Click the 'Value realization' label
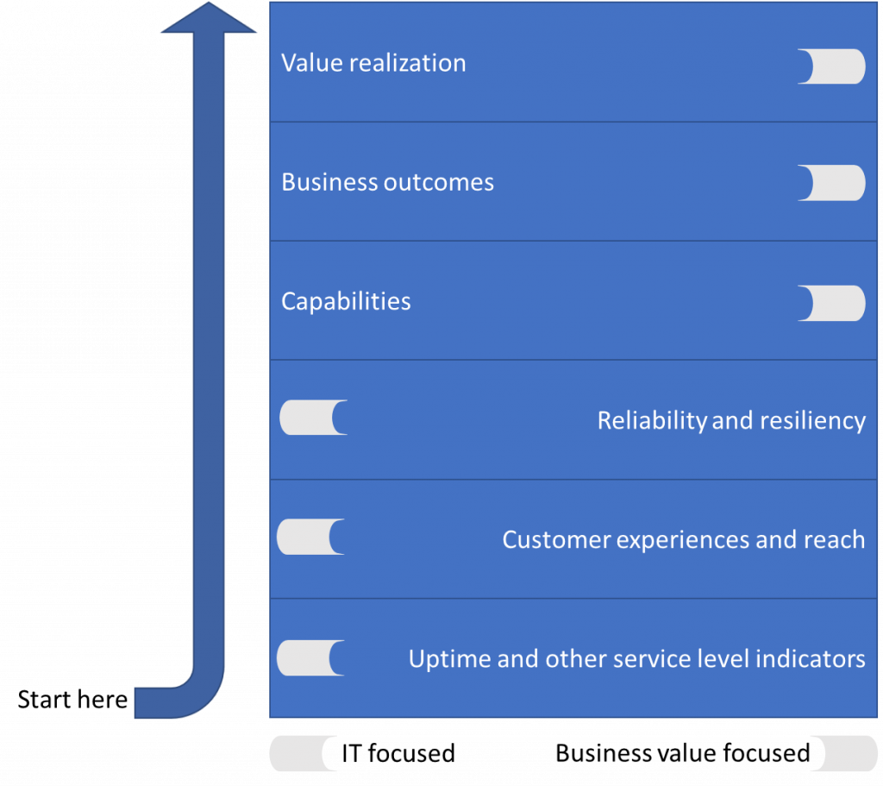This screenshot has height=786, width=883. tap(373, 63)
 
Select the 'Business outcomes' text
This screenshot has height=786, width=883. tap(387, 183)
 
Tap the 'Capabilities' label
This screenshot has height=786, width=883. tap(346, 302)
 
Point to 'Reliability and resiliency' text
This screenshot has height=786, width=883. tap(731, 421)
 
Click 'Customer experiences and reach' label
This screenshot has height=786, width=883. tap(684, 540)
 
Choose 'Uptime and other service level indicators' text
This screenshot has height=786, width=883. tap(637, 659)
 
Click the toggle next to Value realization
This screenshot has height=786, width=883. tap(831, 66)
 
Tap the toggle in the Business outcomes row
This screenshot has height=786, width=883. tap(831, 183)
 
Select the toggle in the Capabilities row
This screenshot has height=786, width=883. tap(831, 303)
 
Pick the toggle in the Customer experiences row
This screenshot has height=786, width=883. tap(310, 537)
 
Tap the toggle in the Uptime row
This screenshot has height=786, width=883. tap(310, 658)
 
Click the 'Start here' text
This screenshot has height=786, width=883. tap(72, 700)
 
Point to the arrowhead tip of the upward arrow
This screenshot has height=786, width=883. tap(209, 3)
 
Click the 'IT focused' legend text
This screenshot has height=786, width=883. tap(398, 753)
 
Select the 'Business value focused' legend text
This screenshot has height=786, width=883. tap(683, 753)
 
